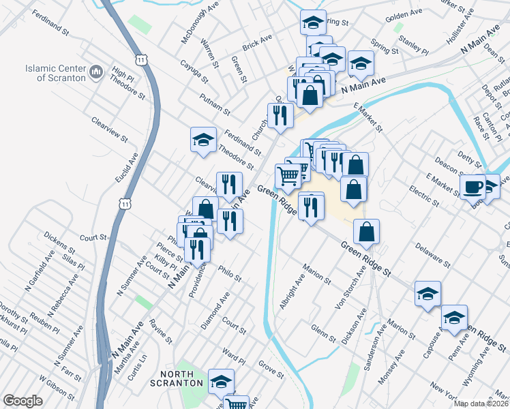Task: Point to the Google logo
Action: [22, 401]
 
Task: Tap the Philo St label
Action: [230, 273]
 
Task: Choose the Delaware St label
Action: [432, 253]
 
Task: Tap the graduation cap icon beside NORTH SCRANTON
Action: [221, 382]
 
